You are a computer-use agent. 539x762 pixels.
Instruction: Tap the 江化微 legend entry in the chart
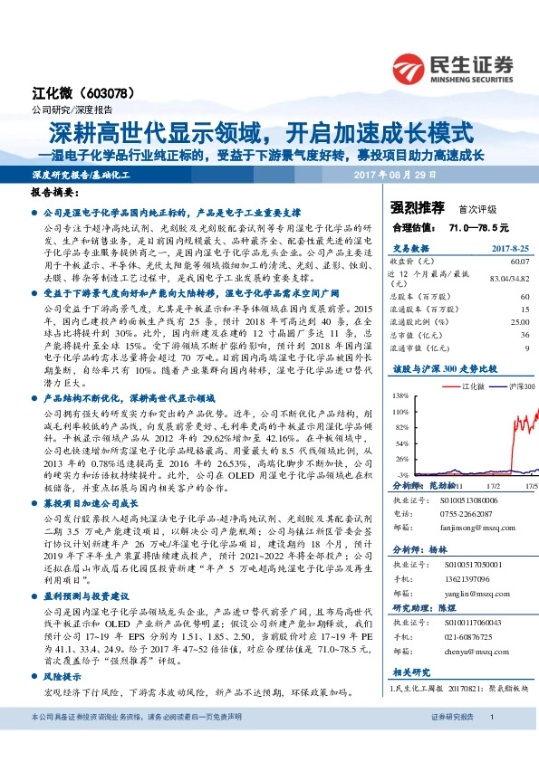click(475, 386)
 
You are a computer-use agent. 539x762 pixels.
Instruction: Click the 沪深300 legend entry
click(521, 386)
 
